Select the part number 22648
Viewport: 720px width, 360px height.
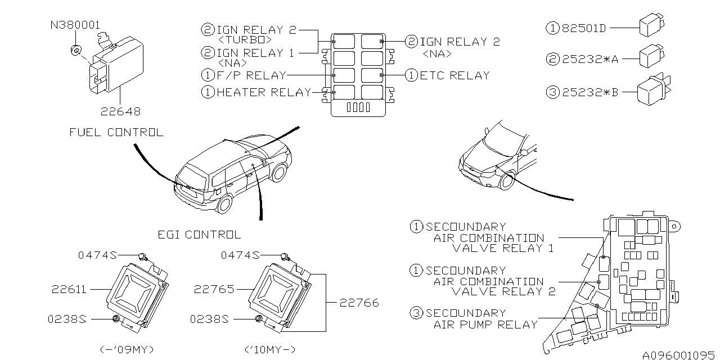coord(120,112)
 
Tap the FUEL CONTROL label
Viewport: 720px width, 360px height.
coord(116,133)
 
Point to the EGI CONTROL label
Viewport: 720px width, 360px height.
coord(200,235)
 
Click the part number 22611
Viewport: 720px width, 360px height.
coord(69,289)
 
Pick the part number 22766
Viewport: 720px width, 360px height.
coord(359,303)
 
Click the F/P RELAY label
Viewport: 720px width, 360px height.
coord(251,75)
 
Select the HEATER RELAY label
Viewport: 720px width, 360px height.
coord(264,92)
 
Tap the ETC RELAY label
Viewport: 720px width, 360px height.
coord(454,75)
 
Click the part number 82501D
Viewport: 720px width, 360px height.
coord(584,28)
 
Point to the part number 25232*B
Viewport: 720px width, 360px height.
coord(590,92)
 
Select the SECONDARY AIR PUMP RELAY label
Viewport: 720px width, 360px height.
coord(481,318)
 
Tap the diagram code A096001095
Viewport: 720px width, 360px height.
coord(679,355)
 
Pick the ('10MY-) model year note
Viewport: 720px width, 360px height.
coord(271,349)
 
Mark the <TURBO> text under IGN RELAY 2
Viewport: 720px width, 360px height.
coord(245,40)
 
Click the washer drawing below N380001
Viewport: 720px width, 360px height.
coord(76,51)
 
